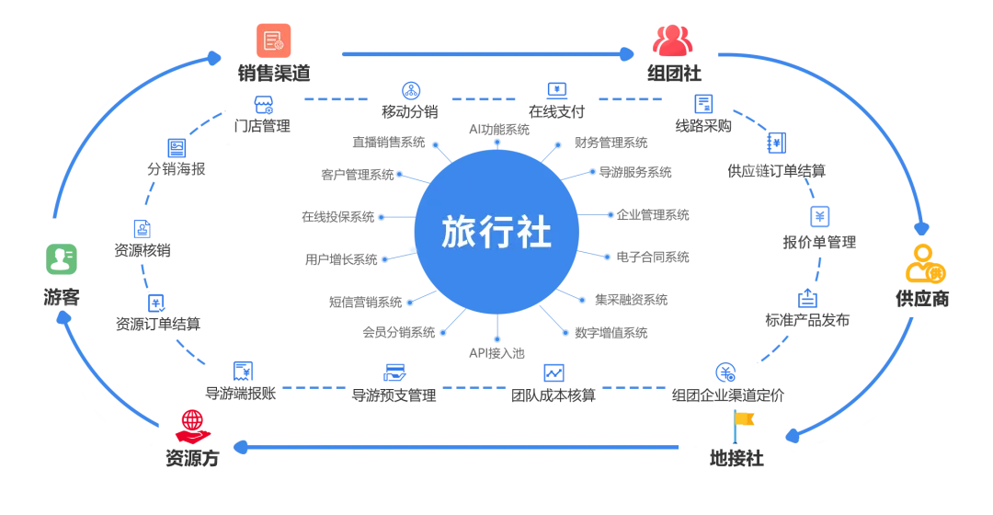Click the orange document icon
[272, 40]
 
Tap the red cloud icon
[673, 40]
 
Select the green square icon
[63, 261]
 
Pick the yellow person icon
[925, 265]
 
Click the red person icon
[191, 427]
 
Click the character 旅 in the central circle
[459, 232]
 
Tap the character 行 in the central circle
[496, 232]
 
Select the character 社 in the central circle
[534, 232]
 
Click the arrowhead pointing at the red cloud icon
[627, 54]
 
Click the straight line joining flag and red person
[460, 448]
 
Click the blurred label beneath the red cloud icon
[676, 75]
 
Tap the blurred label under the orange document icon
[275, 74]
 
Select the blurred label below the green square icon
[59, 297]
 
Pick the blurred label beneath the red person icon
[191, 460]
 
